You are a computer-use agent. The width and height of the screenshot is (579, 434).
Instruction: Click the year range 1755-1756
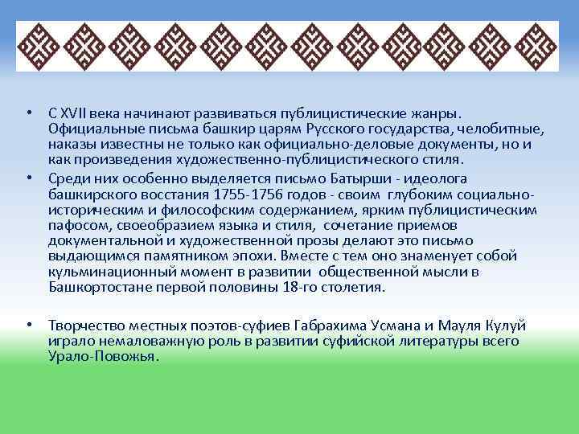[x=242, y=194]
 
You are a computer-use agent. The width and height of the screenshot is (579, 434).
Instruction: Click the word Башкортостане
[x=97, y=287]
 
